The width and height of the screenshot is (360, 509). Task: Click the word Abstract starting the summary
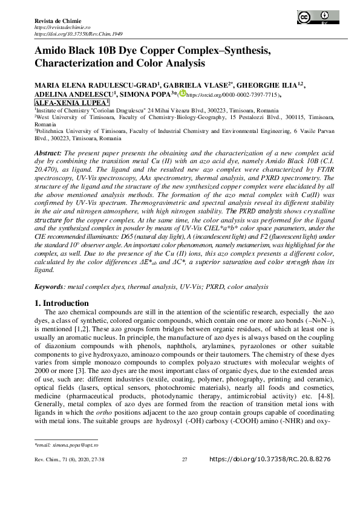pyautogui.click(x=48, y=155)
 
